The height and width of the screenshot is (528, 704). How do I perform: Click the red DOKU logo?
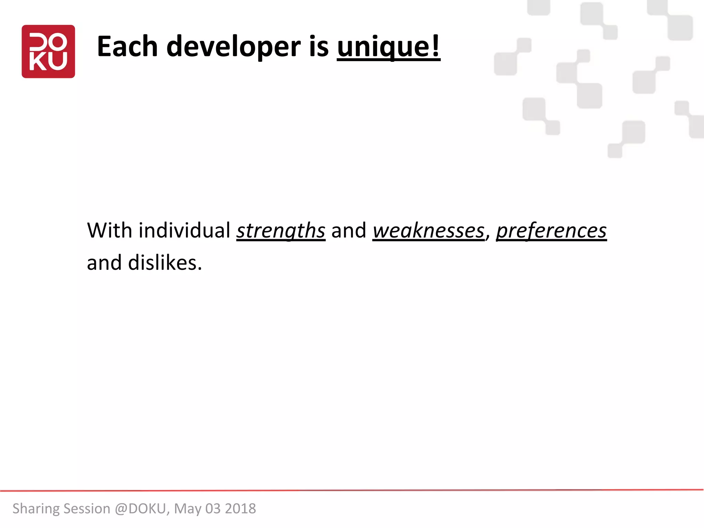(x=48, y=52)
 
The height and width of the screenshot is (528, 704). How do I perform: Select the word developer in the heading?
(x=233, y=47)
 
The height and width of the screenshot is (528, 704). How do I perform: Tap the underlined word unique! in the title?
(x=388, y=47)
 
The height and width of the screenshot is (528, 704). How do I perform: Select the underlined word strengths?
(x=280, y=231)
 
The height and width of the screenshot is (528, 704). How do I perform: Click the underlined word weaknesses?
(x=428, y=231)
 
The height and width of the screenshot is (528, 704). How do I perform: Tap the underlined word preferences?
(x=551, y=231)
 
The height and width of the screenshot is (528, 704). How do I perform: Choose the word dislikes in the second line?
(x=165, y=263)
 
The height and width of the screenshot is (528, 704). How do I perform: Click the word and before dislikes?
(x=104, y=263)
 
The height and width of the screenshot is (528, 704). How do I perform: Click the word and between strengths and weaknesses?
(x=349, y=230)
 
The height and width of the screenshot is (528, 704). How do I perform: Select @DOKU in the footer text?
(x=141, y=509)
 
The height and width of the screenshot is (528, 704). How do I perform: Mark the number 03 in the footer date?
(x=213, y=509)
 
